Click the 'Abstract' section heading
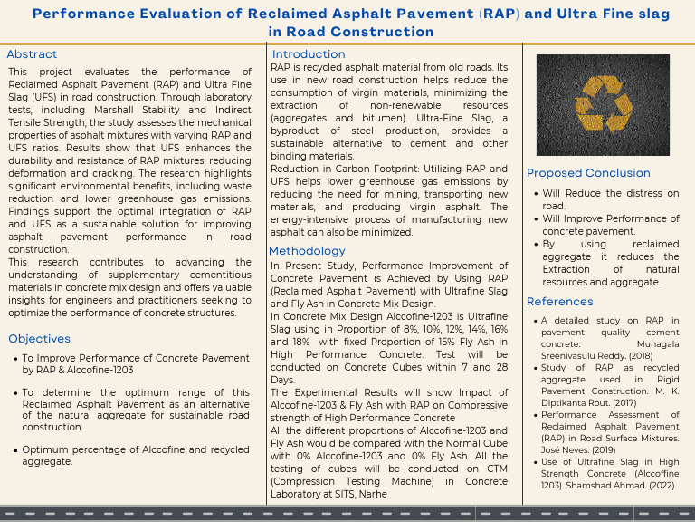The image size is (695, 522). [x=32, y=54]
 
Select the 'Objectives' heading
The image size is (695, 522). [x=39, y=339]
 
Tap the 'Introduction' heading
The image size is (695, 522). [x=309, y=54]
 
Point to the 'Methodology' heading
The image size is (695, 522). [x=307, y=251]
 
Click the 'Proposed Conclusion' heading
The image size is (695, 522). [x=588, y=173]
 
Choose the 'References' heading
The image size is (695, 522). [x=560, y=302]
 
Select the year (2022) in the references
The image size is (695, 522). [x=660, y=487]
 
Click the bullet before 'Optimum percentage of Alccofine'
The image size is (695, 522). [x=14, y=450]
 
